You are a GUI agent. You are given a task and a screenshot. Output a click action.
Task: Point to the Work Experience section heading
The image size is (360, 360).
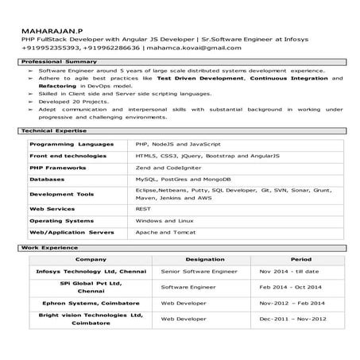pos(45,248)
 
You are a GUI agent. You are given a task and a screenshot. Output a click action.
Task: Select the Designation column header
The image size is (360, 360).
pos(205,260)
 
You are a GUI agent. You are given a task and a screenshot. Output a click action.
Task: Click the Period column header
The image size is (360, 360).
pos(300,260)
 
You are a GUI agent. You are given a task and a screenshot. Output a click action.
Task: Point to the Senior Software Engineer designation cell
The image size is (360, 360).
pos(199,272)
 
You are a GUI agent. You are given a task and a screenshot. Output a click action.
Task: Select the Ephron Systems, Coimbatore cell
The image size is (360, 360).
pos(85,303)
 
